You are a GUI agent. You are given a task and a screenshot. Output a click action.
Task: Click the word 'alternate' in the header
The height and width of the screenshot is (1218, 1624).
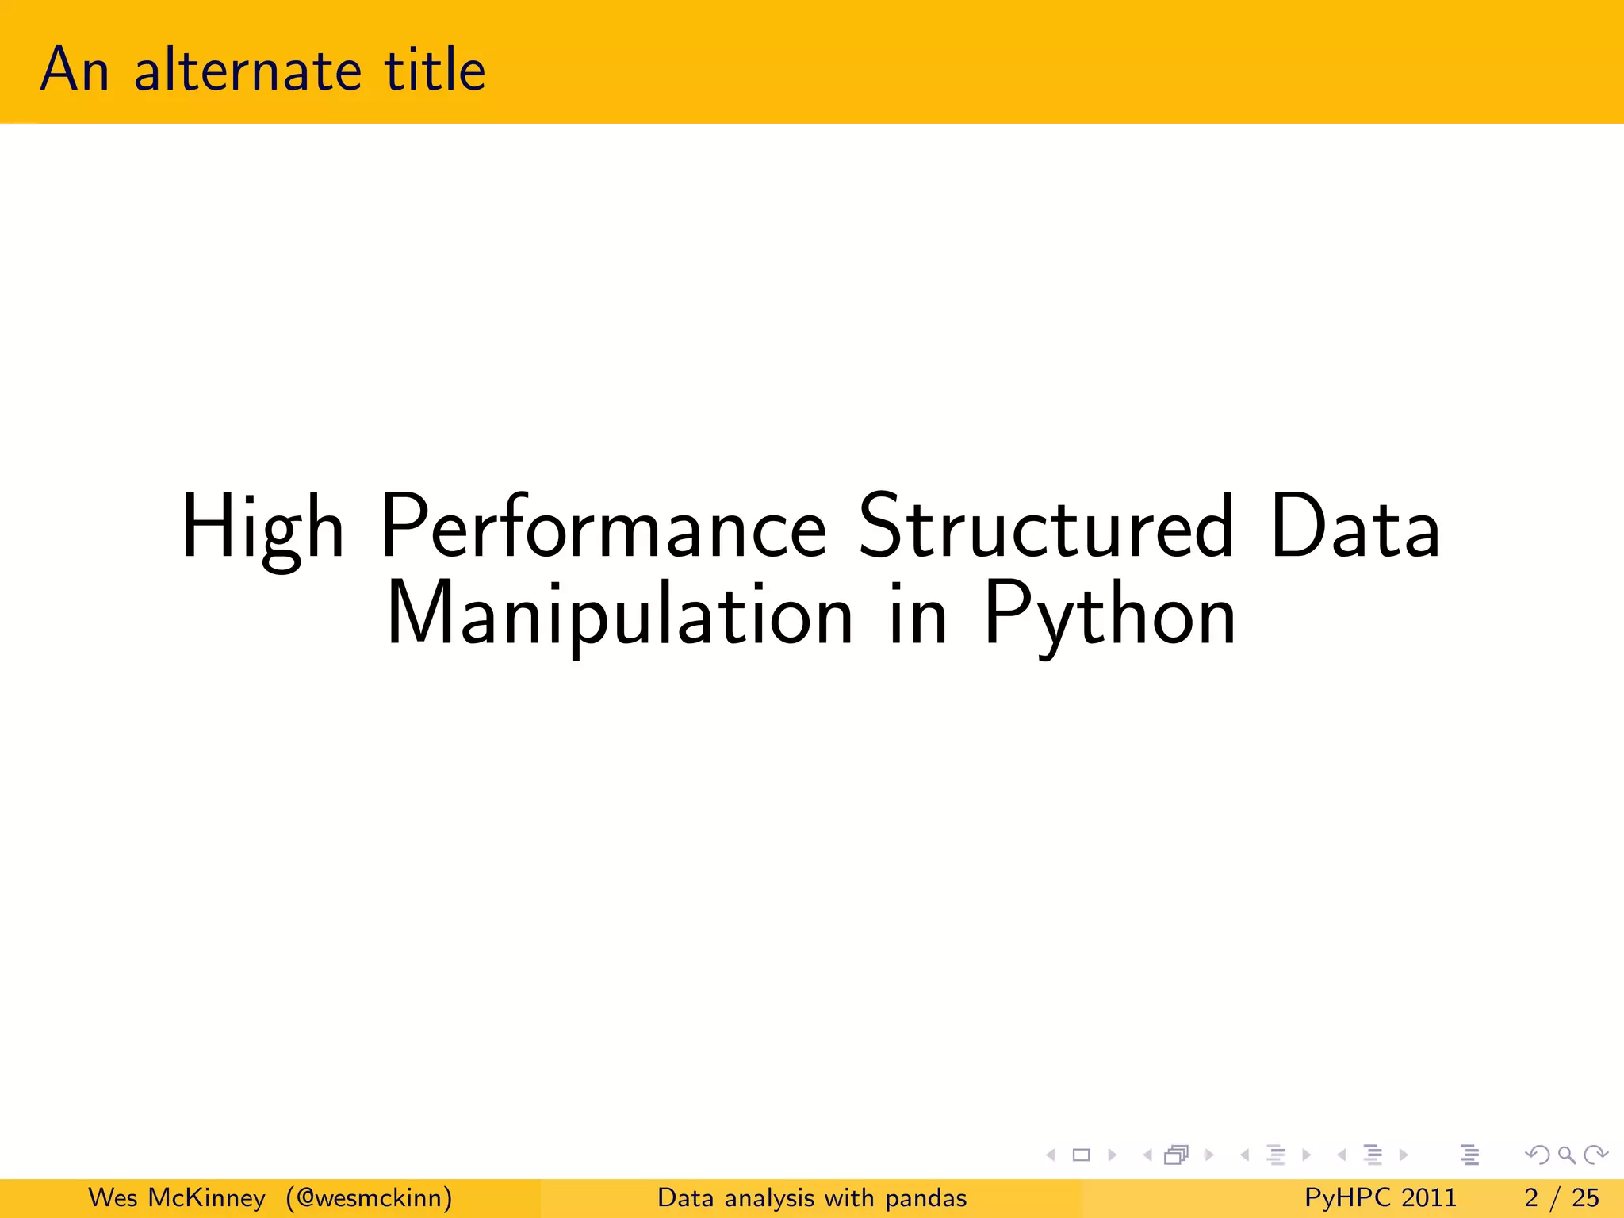coord(247,71)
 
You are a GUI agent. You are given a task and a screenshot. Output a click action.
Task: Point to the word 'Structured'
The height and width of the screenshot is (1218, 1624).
coord(1046,527)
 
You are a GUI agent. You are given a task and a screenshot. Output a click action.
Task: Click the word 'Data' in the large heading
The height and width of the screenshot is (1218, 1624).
coord(1354,527)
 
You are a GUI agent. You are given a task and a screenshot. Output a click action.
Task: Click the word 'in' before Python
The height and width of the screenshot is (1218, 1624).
coord(917,614)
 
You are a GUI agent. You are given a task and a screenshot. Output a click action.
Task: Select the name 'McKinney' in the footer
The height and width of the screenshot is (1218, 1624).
coord(206,1197)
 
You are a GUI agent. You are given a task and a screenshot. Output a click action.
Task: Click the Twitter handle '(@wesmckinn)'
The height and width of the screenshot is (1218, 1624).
coord(370,1197)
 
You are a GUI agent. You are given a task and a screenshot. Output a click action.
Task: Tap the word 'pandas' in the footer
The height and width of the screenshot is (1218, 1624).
coord(925,1198)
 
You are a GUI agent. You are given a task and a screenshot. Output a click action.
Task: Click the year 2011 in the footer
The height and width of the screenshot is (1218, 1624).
coord(1428,1197)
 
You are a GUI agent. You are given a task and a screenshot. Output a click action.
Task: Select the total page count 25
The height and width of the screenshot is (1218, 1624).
coord(1585,1197)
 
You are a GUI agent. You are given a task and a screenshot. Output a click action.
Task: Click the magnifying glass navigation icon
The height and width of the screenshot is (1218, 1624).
coord(1566,1155)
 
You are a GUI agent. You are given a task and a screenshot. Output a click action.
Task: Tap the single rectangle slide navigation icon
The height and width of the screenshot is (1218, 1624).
coord(1081,1155)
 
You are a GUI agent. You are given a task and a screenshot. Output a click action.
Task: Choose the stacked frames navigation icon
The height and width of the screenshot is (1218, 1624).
coord(1177,1155)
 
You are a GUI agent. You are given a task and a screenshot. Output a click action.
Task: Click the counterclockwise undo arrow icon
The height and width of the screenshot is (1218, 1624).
coord(1538,1155)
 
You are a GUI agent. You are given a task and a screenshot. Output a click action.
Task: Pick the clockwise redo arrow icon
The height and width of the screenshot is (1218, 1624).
coord(1595,1155)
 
